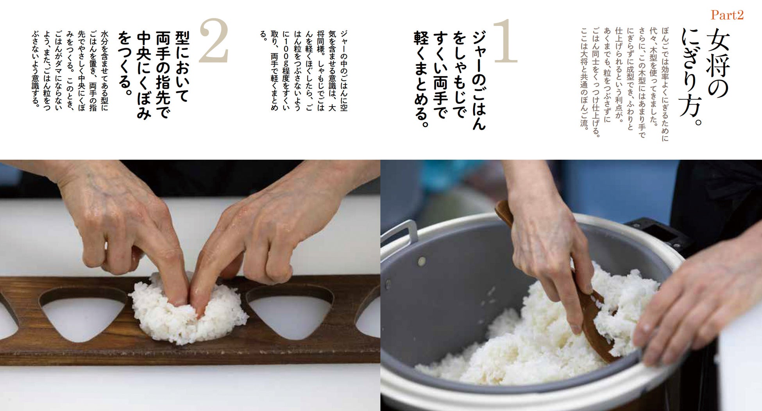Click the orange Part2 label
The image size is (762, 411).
pyautogui.click(x=727, y=15)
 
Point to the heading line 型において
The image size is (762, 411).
pyautogui.click(x=182, y=66)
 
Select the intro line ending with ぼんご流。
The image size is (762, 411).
pyautogui.click(x=584, y=78)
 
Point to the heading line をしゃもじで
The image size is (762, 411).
pyautogui.click(x=460, y=74)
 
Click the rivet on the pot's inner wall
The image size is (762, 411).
pyautogui.click(x=422, y=262)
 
